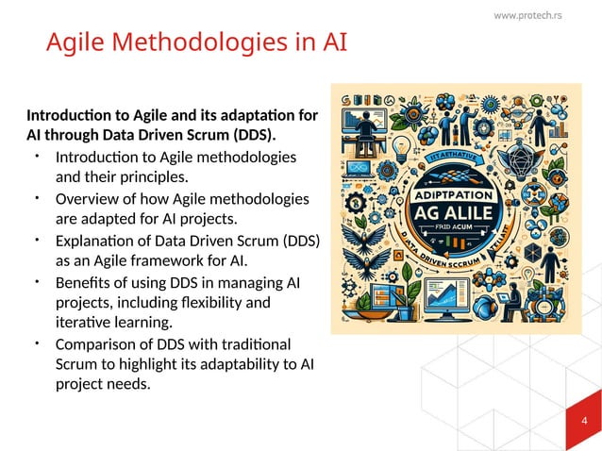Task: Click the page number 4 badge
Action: click(x=584, y=421)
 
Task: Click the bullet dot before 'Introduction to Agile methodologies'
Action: click(x=36, y=154)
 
